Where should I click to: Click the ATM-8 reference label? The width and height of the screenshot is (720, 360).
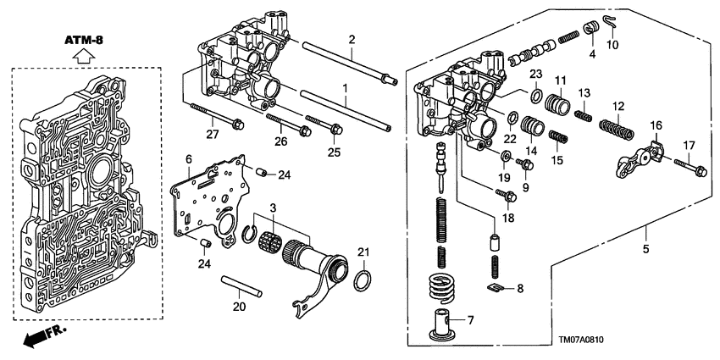point(82,40)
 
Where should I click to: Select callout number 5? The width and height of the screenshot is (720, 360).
point(647,249)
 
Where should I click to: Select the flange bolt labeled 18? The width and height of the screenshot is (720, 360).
point(506,196)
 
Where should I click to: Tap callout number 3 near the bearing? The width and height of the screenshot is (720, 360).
point(273,208)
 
